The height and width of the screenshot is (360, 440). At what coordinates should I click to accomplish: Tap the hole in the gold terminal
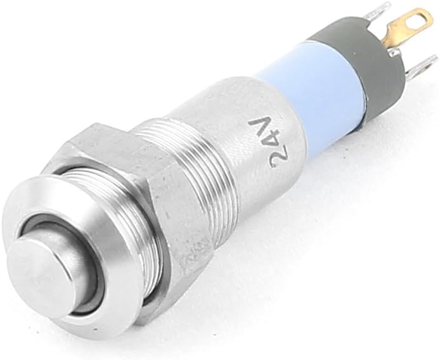tap(417, 20)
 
